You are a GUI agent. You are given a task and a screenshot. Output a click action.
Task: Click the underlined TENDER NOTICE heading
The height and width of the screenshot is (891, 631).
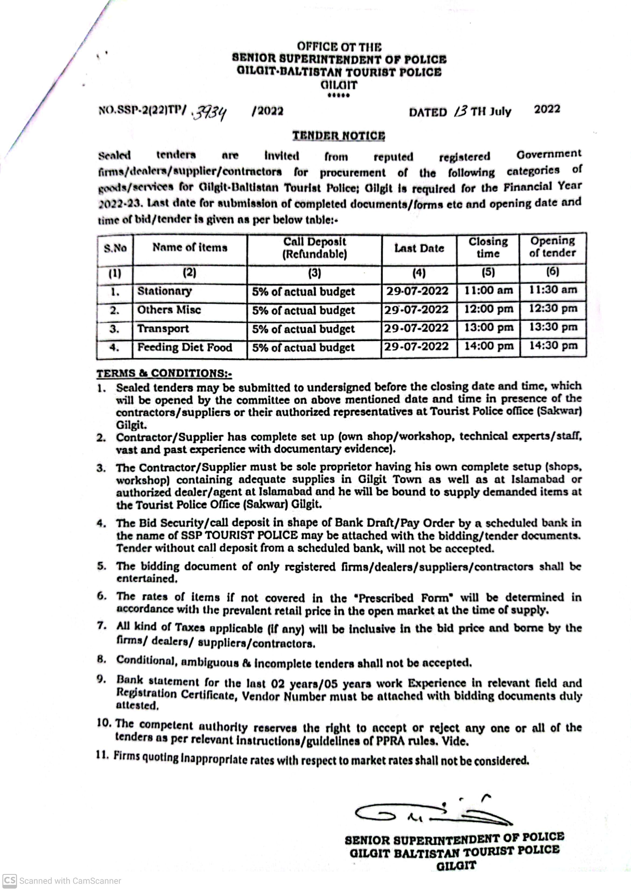point(338,136)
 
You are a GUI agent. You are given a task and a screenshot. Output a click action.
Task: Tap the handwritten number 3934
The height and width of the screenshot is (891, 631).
point(210,113)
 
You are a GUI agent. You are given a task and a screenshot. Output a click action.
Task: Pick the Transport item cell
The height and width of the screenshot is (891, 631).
point(163,329)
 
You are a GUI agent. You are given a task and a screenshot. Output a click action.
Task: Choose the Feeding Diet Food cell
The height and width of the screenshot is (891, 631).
point(185,347)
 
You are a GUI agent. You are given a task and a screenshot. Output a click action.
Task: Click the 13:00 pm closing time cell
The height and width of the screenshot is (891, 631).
point(488,328)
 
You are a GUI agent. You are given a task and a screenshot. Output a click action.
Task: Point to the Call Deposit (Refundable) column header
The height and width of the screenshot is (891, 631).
point(314,248)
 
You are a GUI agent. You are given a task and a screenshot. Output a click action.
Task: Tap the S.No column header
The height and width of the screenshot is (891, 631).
point(115,248)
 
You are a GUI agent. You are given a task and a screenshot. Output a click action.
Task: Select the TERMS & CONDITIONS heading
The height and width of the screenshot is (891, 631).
point(164,373)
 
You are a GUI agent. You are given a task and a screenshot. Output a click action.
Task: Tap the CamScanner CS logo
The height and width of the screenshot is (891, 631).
point(10,880)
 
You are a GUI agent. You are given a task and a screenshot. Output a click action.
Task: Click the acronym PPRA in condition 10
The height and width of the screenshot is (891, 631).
point(390,741)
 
